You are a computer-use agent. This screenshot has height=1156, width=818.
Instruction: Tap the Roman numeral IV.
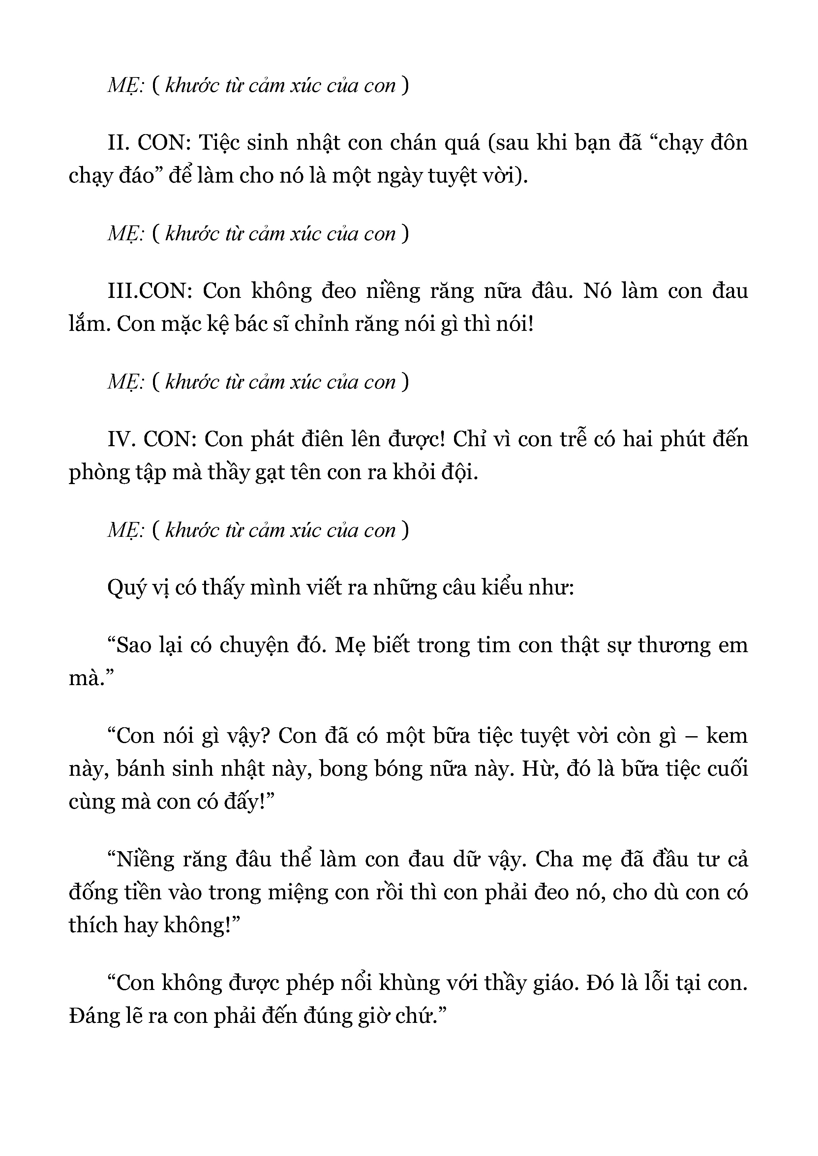pyautogui.click(x=121, y=440)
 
